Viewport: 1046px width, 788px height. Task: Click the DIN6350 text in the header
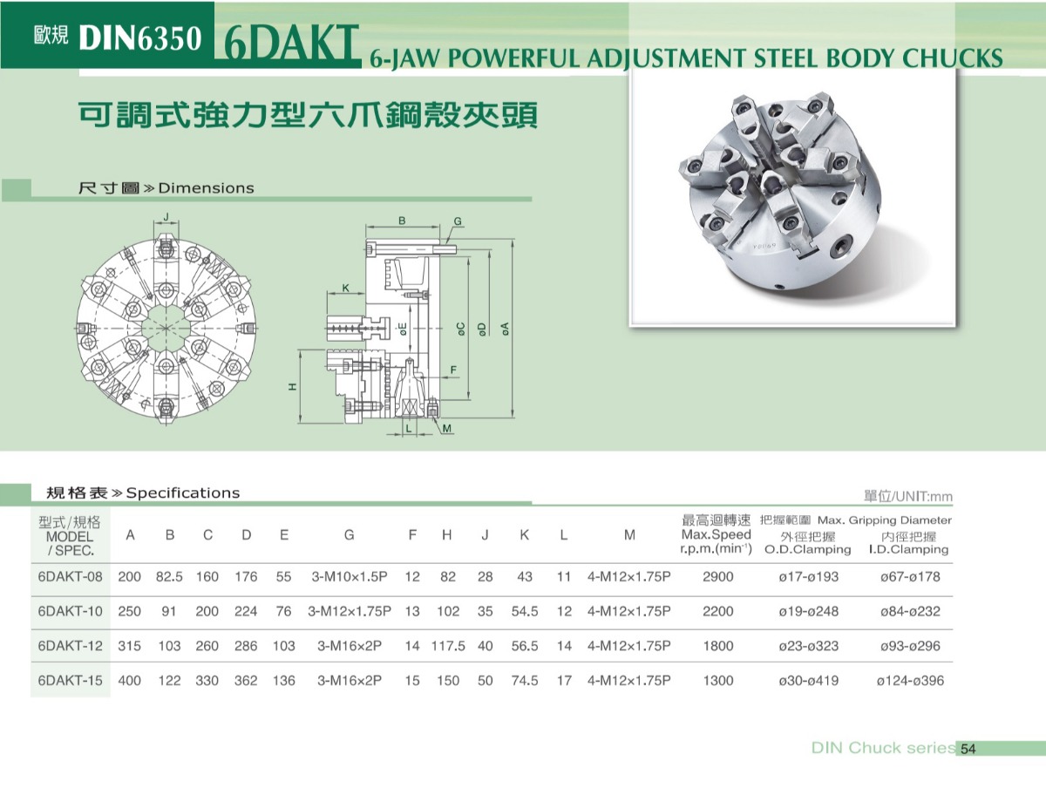140,38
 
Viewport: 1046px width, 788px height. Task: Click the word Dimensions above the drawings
206,188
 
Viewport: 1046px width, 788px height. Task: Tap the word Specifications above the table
182,492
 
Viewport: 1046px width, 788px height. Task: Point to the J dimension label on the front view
166,217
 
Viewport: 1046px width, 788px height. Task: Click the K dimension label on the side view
346,288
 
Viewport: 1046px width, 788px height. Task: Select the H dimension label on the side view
293,386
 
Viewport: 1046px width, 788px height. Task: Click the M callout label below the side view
446,428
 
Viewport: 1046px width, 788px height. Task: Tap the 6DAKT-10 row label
70,611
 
